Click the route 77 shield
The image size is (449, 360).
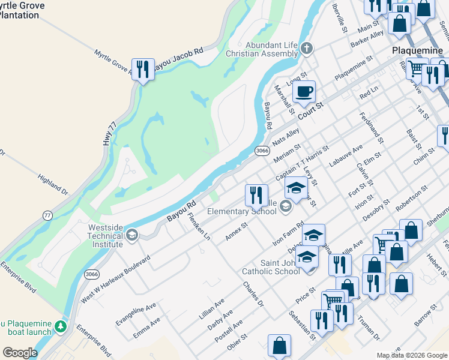click(x=48, y=215)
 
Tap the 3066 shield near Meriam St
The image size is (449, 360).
click(x=261, y=151)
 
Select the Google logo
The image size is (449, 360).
click(x=20, y=353)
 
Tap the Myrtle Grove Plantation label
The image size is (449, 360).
click(x=21, y=10)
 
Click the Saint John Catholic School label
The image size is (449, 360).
click(x=271, y=266)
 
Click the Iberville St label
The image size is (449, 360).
click(x=340, y=17)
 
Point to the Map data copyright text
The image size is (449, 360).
click(x=411, y=355)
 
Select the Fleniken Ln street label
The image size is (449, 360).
click(x=199, y=226)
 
